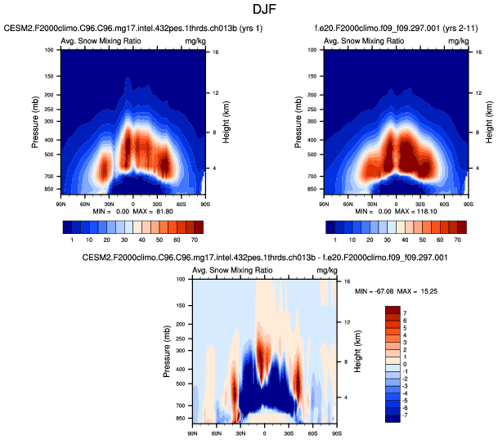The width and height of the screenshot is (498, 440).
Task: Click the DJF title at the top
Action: tap(249, 10)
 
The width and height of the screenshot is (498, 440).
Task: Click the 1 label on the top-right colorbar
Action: tap(334, 241)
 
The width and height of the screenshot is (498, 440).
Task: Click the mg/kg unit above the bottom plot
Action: tap(325, 270)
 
